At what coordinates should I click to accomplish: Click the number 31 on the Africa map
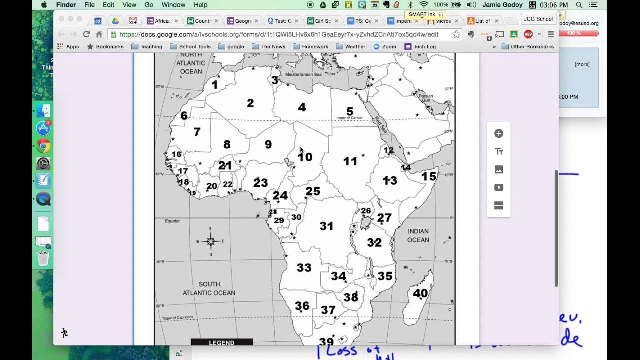(x=326, y=226)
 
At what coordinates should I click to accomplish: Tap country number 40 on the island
(x=420, y=293)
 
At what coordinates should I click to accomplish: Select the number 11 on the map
(x=350, y=161)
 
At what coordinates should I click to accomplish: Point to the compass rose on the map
(x=211, y=241)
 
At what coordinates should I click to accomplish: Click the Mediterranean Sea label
(x=303, y=74)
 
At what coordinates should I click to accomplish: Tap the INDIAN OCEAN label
(x=418, y=235)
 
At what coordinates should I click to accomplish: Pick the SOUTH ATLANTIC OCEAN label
(x=209, y=288)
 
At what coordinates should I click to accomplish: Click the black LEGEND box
(x=222, y=342)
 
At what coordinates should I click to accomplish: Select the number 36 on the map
(x=302, y=306)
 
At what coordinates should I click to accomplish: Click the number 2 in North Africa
(x=250, y=103)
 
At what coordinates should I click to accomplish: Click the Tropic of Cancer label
(x=349, y=118)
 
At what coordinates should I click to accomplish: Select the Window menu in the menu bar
(x=173, y=5)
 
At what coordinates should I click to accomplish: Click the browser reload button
(x=86, y=34)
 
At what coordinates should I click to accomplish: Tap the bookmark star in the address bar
(x=456, y=34)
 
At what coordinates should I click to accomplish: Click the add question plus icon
(x=498, y=133)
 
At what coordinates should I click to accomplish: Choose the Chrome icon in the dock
(x=43, y=146)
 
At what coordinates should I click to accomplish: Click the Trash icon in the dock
(x=43, y=258)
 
